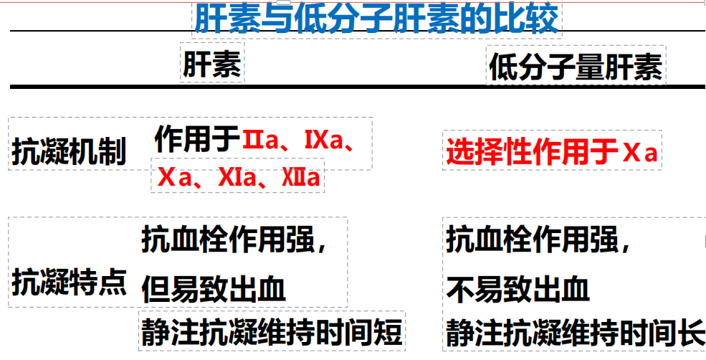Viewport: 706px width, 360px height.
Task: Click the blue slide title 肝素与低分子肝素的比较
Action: point(377,19)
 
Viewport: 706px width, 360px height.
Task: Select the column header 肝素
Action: point(212,66)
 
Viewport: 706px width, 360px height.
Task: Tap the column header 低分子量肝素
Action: point(576,67)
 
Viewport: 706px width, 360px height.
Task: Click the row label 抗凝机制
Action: point(68,151)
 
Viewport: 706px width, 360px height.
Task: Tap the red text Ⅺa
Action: point(237,178)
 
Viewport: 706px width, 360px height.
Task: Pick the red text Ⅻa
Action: point(301,178)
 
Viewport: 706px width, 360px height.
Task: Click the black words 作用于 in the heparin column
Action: point(197,139)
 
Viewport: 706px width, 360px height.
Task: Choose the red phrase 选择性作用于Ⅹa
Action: point(552,152)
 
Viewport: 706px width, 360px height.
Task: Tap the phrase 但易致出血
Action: point(214,288)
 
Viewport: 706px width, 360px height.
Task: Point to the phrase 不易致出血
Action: point(517,288)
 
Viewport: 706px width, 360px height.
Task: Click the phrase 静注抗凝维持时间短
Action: point(271,332)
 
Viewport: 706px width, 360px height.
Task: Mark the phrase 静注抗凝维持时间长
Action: point(575,332)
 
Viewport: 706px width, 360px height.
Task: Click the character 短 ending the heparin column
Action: point(387,332)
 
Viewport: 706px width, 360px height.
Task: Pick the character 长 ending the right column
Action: point(690,332)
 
